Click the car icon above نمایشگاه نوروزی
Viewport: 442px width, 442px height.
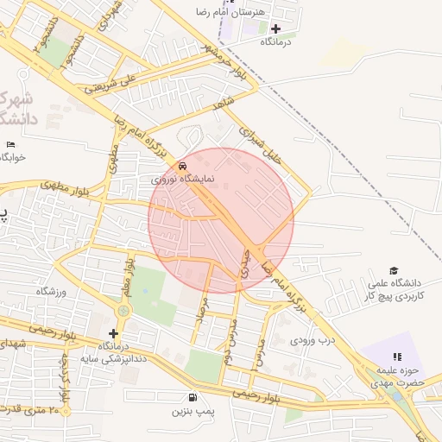point(181,166)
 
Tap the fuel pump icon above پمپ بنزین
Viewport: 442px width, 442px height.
point(192,398)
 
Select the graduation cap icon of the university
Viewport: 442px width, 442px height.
point(395,270)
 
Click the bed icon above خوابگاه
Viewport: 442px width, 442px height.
point(10,144)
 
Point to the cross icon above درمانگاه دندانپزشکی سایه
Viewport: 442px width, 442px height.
point(113,333)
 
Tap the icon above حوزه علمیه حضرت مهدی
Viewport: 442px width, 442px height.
point(397,356)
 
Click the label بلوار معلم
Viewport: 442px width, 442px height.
point(128,279)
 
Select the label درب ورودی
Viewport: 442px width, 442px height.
point(312,339)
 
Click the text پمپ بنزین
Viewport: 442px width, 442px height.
point(191,412)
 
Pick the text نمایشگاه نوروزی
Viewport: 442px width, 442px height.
point(175,180)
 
